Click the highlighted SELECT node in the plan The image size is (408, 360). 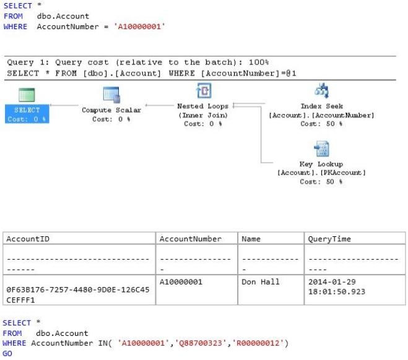point(27,114)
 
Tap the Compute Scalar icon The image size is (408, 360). point(111,95)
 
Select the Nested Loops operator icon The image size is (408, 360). point(204,90)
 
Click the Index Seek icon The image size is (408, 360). point(321,90)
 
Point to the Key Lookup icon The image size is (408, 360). point(321,148)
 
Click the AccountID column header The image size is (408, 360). point(28,239)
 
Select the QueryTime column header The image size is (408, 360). point(329,239)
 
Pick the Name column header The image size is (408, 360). point(251,239)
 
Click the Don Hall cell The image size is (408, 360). point(261,282)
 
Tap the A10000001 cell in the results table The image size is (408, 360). point(181,282)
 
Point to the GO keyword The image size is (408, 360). point(7,353)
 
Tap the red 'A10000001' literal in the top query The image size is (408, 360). point(139,27)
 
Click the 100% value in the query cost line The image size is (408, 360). point(259,62)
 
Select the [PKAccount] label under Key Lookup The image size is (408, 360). point(343,173)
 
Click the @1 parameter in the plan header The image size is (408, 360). point(291,74)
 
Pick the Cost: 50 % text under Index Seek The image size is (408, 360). point(321,124)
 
